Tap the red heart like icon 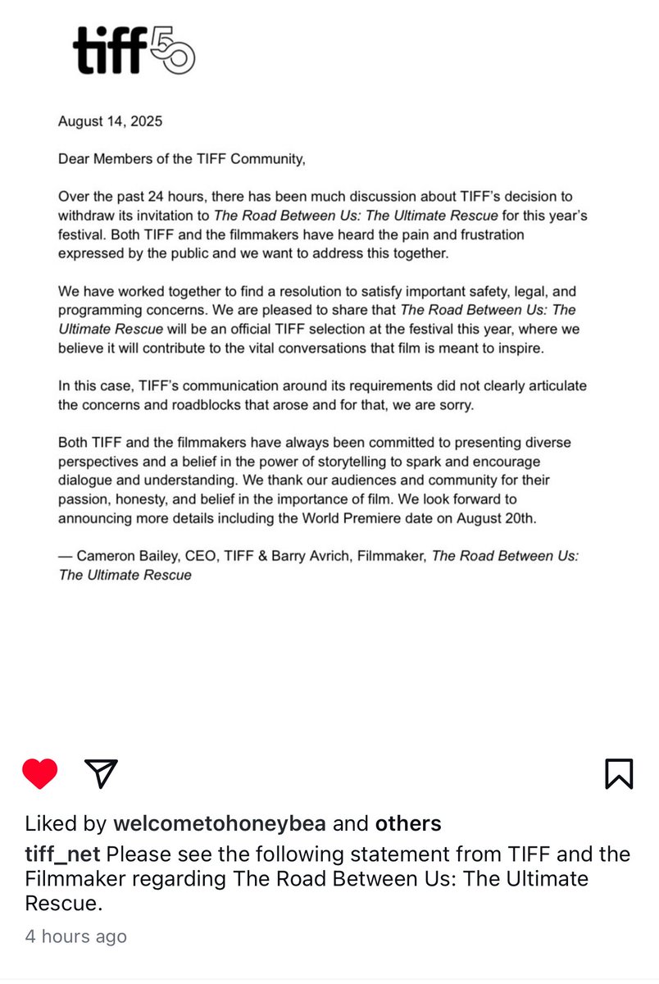tap(39, 773)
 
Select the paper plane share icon tap(102, 773)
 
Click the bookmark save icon tap(619, 773)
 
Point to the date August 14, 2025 tap(110, 121)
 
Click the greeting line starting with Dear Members tap(181, 159)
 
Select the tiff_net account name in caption tap(62, 854)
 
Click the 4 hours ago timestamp tap(75, 936)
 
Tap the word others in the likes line tap(408, 823)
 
